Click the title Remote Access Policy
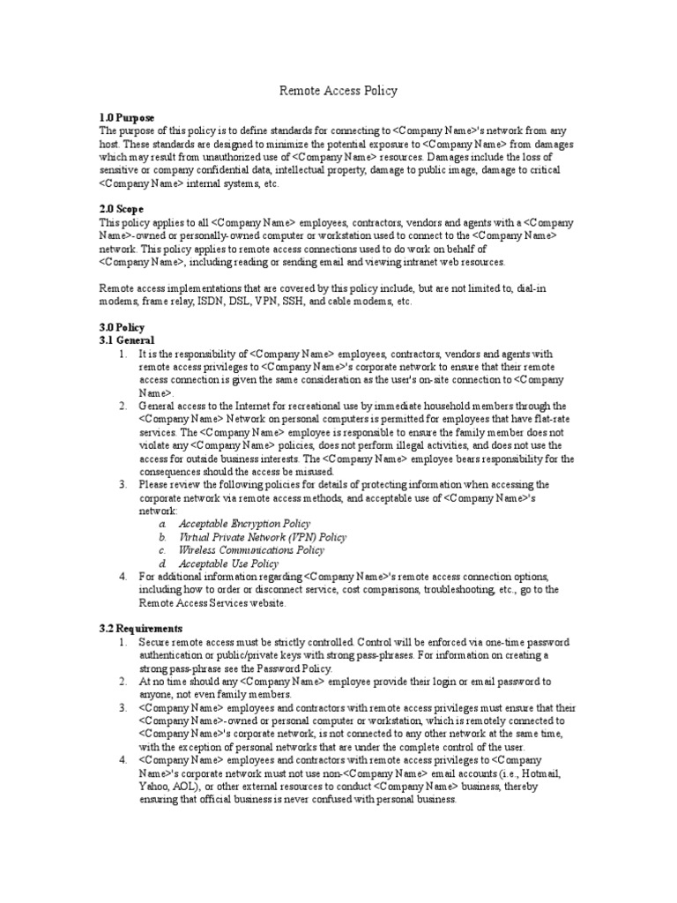pos(338,90)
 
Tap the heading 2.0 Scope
pos(123,209)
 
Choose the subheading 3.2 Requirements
pos(141,628)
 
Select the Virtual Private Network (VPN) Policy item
pos(263,536)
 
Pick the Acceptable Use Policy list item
pos(228,563)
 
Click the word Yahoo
pos(154,786)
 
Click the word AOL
pos(190,786)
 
